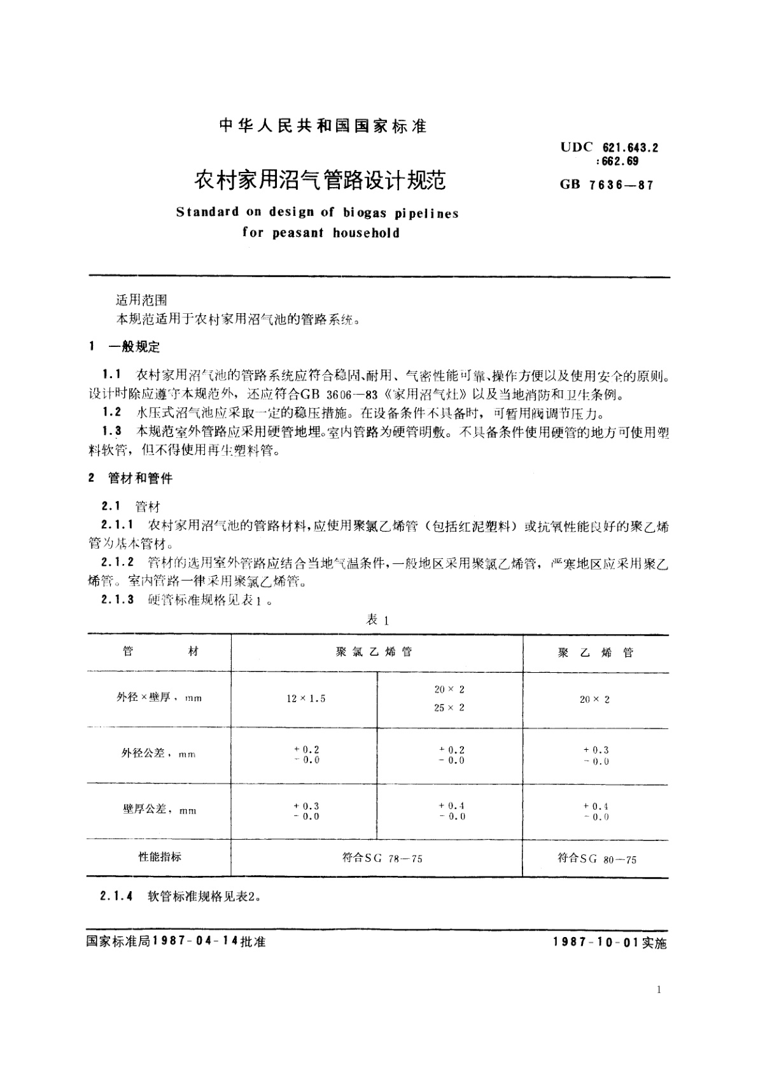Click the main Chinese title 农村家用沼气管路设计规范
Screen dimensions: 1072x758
pos(319,181)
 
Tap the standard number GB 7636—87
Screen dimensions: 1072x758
pos(607,185)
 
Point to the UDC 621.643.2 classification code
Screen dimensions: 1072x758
pos(609,148)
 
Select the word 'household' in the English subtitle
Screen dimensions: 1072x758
pos(366,233)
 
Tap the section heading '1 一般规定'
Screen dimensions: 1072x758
pos(125,347)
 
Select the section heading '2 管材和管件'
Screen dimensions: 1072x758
pos(130,478)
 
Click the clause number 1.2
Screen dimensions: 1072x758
pos(112,413)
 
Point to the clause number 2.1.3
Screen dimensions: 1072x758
pos(118,600)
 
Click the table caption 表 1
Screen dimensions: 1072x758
pos(377,619)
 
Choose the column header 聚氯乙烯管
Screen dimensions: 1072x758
pos(374,652)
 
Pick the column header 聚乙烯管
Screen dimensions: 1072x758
pos(595,652)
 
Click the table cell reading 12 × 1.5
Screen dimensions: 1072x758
pos(305,699)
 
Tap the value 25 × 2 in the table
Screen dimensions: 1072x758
pos(449,708)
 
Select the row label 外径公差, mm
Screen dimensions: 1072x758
pos(158,754)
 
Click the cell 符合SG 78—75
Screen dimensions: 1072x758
pos(382,858)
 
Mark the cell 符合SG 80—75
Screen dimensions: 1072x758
pos(596,859)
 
